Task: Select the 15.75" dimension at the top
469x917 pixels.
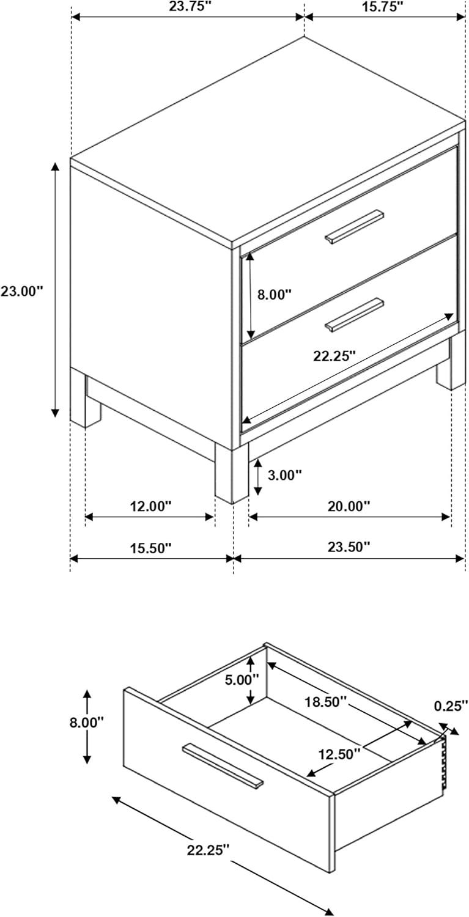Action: tap(383, 7)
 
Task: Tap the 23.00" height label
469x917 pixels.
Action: tap(22, 291)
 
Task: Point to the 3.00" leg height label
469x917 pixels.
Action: tap(285, 475)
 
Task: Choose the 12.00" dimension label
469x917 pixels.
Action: tap(150, 506)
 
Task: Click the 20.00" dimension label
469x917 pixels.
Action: tap(349, 506)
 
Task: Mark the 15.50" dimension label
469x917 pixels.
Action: tap(150, 547)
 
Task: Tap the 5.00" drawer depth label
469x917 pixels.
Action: tap(242, 680)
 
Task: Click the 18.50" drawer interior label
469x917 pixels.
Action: tap(326, 702)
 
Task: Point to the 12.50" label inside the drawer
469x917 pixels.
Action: tap(340, 754)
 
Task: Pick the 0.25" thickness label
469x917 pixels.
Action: tap(451, 706)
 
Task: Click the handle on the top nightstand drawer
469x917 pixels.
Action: tap(355, 227)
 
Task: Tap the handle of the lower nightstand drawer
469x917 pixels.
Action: tap(355, 314)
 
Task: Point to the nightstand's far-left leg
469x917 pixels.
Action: tap(86, 398)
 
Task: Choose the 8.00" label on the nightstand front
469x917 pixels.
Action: tap(274, 294)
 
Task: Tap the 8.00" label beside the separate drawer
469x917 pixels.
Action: tap(86, 723)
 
